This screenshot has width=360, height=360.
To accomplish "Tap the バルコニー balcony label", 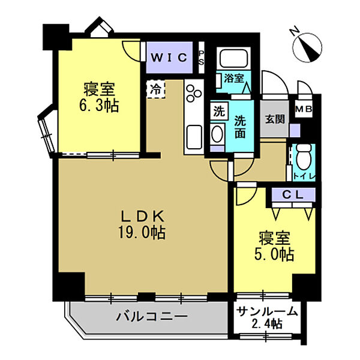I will click(151, 316).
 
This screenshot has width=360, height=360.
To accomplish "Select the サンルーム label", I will click(266, 311).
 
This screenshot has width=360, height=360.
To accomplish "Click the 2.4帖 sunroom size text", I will click(266, 325).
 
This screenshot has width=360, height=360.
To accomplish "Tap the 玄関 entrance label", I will click(271, 119).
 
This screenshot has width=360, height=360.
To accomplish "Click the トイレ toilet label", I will click(300, 175).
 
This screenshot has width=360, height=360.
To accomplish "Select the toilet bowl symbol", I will click(302, 157).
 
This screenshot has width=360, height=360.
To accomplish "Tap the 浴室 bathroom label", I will click(233, 78).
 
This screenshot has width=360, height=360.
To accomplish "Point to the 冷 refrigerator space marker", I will click(156, 90).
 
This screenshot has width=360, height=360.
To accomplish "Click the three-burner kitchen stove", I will click(194, 94).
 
